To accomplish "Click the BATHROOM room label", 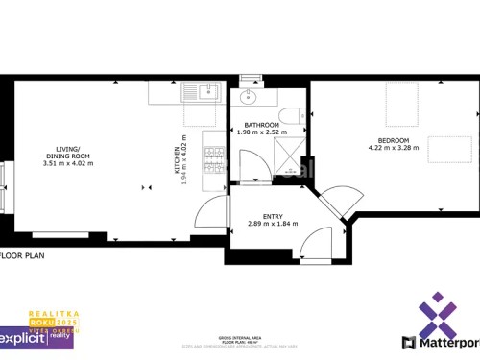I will [x=261, y=125].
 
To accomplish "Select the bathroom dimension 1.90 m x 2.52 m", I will [x=261, y=132].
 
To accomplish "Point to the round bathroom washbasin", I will [x=249, y=96].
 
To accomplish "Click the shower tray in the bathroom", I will [x=288, y=156].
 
